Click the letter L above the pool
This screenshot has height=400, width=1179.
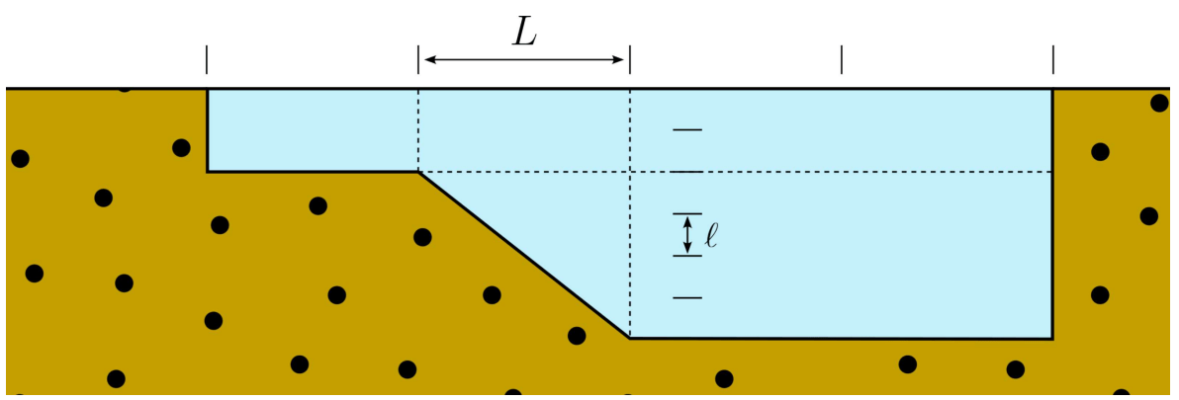click(x=524, y=33)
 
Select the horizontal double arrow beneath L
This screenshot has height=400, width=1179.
click(x=524, y=60)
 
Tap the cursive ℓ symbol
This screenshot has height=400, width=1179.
click(x=711, y=235)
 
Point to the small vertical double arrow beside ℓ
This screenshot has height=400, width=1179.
click(x=687, y=235)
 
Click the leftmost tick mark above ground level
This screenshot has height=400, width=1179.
click(x=207, y=59)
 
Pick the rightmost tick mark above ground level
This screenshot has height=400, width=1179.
click(x=1052, y=59)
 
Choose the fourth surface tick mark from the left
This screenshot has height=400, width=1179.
click(x=842, y=59)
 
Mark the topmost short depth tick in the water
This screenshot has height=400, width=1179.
click(x=687, y=129)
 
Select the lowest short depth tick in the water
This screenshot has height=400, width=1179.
click(x=687, y=297)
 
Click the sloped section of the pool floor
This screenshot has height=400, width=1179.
click(x=524, y=255)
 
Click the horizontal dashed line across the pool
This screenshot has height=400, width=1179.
click(x=841, y=172)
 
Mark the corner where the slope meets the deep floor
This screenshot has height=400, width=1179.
click(x=630, y=338)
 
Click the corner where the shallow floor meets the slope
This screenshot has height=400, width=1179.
click(x=418, y=172)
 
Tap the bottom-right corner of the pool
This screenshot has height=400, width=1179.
click(x=1052, y=339)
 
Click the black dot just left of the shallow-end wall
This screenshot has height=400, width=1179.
click(x=181, y=148)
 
